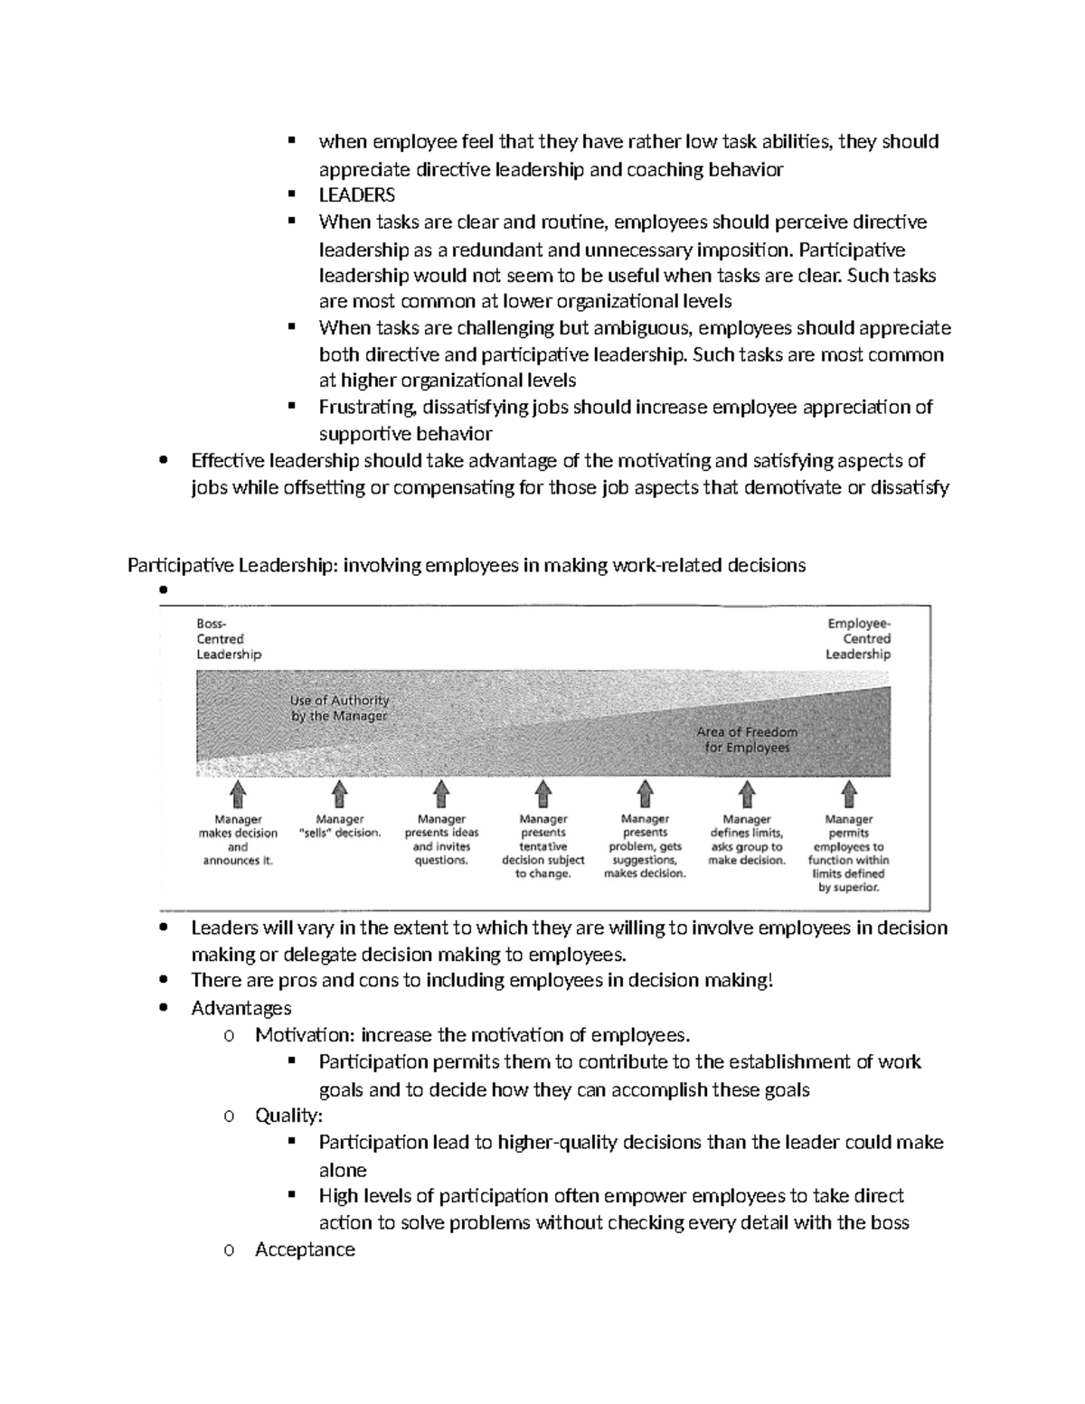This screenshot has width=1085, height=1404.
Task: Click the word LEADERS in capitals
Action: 356,195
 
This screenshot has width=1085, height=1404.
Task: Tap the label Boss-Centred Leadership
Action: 228,639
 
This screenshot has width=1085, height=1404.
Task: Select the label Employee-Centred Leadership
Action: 858,639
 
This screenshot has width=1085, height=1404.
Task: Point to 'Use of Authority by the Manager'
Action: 339,708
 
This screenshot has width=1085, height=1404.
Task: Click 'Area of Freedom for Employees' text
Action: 747,740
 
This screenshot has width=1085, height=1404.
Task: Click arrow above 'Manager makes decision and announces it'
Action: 238,795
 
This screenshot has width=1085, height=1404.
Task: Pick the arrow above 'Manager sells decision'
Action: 340,795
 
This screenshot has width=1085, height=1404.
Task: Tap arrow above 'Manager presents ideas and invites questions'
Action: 441,795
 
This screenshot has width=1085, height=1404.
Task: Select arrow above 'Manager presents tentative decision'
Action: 543,795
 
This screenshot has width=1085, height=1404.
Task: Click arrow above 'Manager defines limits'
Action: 747,795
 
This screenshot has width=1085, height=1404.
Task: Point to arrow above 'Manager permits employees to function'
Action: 849,795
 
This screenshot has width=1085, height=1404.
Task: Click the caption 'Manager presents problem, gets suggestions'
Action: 645,846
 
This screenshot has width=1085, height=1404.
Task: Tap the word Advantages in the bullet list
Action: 241,1008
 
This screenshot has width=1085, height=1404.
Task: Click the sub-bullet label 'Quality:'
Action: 288,1116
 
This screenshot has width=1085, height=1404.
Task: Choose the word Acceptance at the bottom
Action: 305,1249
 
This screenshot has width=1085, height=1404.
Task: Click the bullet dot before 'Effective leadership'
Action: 163,460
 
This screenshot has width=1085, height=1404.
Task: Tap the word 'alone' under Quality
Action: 343,1170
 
